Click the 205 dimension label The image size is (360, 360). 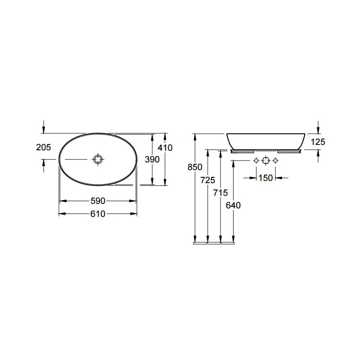click(x=43, y=147)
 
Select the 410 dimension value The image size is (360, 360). click(x=165, y=148)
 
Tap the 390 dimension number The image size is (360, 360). click(x=152, y=159)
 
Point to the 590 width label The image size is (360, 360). click(x=98, y=201)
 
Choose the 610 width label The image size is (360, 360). click(x=98, y=214)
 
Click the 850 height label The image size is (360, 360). click(x=195, y=167)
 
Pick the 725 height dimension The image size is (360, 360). click(x=208, y=180)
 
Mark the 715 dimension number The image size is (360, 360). click(x=220, y=193)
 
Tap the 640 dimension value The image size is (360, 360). click(x=233, y=205)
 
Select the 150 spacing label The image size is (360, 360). click(x=265, y=178)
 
